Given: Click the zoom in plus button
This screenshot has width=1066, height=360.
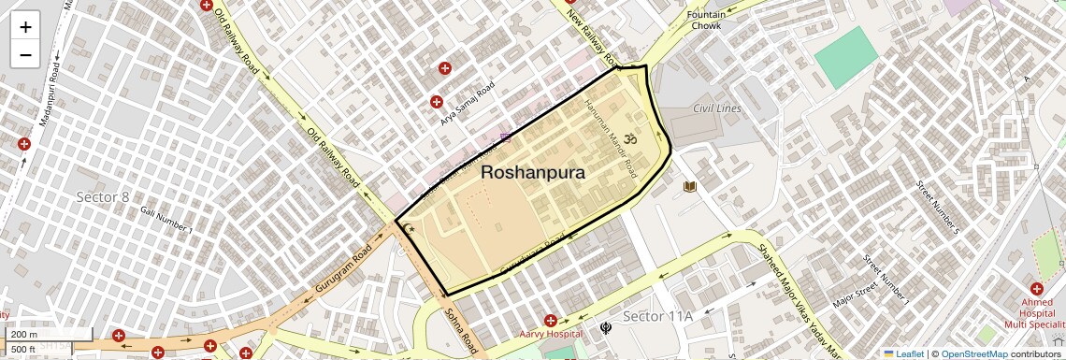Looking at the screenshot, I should (x=25, y=27).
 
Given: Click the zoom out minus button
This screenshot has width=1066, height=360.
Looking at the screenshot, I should (x=25, y=54).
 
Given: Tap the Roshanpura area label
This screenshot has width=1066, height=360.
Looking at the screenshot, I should (x=533, y=173).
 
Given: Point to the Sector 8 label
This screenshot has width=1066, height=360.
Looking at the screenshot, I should (x=103, y=197).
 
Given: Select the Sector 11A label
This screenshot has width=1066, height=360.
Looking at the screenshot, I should (x=657, y=316).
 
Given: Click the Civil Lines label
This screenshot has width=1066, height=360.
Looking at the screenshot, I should (x=717, y=109).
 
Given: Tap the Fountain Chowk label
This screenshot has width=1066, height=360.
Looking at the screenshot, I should (x=706, y=21).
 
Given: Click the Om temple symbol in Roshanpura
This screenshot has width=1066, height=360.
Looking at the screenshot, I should (x=628, y=139).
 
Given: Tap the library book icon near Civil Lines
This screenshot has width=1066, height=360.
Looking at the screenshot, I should (x=690, y=187).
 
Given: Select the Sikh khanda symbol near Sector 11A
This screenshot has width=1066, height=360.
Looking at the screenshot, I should (x=607, y=328).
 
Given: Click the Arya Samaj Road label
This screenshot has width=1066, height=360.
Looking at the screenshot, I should (x=467, y=104).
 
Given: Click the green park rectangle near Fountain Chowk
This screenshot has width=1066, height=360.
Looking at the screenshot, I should (x=847, y=57).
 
